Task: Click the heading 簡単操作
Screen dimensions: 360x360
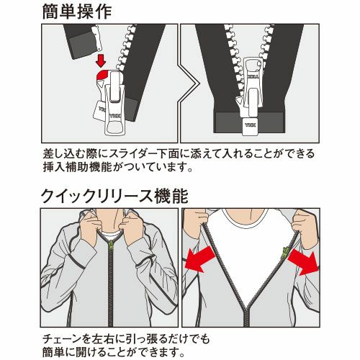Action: [77, 12]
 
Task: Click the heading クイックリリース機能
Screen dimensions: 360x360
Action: [114, 197]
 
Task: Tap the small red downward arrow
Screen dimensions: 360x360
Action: [101, 60]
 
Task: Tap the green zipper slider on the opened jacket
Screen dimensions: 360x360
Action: [286, 253]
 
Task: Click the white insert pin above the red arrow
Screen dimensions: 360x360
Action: [97, 38]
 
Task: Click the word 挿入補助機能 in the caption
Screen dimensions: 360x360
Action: [78, 167]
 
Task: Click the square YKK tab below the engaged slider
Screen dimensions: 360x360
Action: [250, 126]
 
